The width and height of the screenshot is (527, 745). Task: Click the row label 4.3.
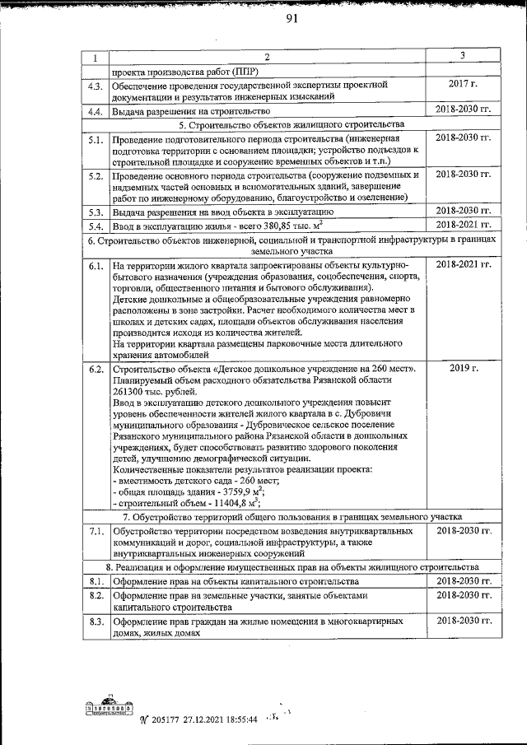tap(95, 86)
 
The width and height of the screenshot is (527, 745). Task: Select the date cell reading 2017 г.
tap(463, 85)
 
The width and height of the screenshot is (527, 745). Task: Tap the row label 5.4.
tap(95, 225)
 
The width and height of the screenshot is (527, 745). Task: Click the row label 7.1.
tap(95, 533)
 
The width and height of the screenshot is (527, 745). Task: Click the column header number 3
tap(463, 55)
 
